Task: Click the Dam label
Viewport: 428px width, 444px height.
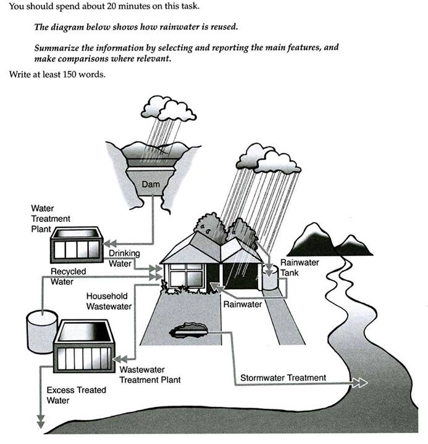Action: coord(151,184)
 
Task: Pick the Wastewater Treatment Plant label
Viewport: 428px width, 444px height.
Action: coord(150,374)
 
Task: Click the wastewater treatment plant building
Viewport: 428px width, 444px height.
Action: coord(83,348)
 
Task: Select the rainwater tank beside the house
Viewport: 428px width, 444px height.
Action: coord(269,277)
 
